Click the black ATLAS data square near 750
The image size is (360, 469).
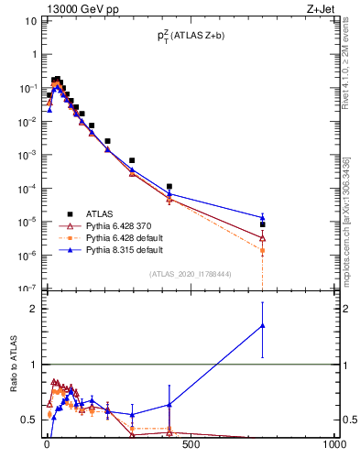click(x=263, y=224)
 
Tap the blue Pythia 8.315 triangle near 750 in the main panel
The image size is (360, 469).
click(x=263, y=217)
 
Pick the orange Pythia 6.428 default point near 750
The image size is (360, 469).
click(x=263, y=250)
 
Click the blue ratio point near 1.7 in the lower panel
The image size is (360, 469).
click(x=263, y=325)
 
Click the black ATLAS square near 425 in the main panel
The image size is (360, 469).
click(x=169, y=186)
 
